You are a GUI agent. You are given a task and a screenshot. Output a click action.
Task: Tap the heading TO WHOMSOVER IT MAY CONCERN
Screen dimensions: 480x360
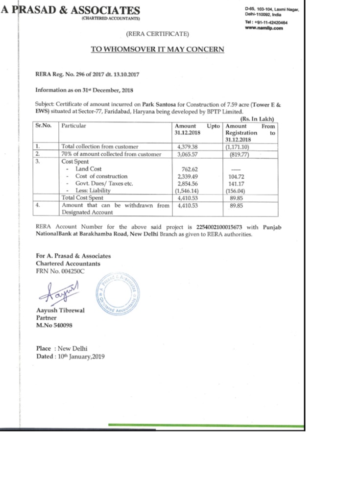point(158,49)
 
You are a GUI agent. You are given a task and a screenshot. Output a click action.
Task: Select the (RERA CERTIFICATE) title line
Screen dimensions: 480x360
point(157,34)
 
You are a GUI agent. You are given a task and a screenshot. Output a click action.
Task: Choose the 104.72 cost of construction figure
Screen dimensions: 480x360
point(237,176)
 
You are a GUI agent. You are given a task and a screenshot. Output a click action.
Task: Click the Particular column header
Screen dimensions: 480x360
point(73,126)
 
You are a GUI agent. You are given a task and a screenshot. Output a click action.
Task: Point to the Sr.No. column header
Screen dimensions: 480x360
point(44,126)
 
